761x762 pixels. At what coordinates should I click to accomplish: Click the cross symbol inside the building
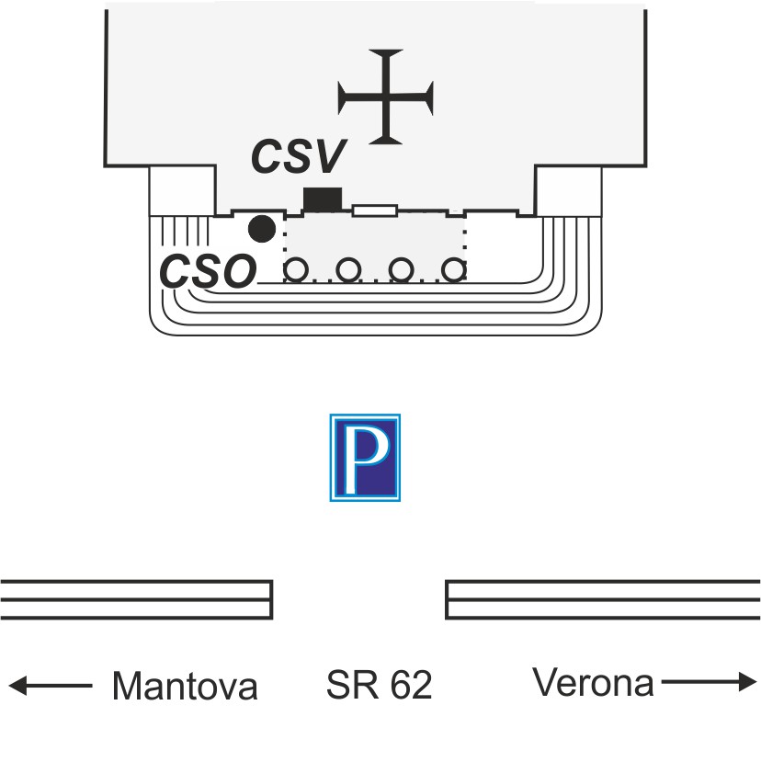[x=385, y=96]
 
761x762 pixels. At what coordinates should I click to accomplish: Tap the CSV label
[x=299, y=158]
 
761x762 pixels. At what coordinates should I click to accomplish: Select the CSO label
[x=208, y=271]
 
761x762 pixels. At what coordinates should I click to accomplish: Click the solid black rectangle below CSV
[x=323, y=198]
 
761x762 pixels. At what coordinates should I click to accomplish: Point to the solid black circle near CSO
[x=262, y=228]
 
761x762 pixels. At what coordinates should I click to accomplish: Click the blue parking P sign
[x=365, y=458]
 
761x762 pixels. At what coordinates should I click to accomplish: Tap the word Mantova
[x=184, y=686]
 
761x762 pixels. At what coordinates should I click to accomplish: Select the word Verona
[x=593, y=683]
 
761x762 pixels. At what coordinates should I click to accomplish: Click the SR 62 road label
[x=379, y=685]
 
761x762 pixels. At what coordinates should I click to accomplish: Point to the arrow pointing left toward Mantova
[x=51, y=685]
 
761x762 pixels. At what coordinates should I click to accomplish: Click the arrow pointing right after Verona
[x=708, y=682]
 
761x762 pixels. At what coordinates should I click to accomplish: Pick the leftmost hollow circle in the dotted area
[x=296, y=270]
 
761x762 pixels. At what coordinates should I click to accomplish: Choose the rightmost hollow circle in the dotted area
[x=452, y=270]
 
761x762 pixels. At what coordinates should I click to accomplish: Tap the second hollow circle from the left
[x=347, y=270]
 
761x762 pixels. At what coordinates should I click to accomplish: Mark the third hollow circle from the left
[x=400, y=270]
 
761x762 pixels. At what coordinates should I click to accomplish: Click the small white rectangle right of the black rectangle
[x=375, y=210]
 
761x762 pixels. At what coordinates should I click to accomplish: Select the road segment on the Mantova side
[x=136, y=599]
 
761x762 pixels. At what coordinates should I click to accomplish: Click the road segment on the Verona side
[x=603, y=599]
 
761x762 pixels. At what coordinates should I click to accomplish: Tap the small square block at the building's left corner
[x=182, y=191]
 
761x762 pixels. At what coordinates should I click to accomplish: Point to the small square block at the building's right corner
[x=568, y=191]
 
